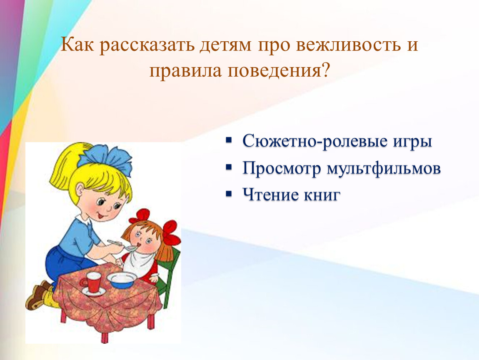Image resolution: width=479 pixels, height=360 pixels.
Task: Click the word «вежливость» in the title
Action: coord(348,45)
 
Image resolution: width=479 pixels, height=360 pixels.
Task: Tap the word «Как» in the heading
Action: coord(77,45)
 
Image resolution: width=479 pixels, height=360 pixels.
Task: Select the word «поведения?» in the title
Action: coord(279,71)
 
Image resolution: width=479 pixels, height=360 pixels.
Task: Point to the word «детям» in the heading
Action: coord(225,45)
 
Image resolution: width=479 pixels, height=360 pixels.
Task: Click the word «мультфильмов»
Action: coord(384,168)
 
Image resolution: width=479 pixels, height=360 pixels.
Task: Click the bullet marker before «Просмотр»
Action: coord(229,167)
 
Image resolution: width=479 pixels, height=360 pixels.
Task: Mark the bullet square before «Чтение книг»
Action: coord(229,194)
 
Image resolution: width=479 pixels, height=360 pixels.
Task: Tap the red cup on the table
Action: coord(92,282)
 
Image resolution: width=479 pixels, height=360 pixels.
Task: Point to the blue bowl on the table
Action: coord(122,280)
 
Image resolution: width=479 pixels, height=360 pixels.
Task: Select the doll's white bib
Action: coord(139,262)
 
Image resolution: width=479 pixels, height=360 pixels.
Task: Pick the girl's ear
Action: coord(80,190)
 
